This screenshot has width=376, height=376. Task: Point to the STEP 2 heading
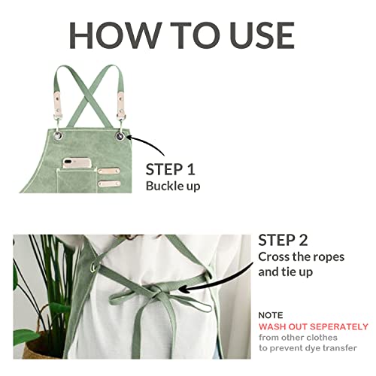[284, 241]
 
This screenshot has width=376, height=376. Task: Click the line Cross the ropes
[301, 256]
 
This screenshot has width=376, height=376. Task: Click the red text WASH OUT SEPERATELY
[314, 327]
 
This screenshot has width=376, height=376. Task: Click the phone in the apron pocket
[75, 162]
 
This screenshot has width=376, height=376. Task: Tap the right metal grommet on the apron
[121, 140]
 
